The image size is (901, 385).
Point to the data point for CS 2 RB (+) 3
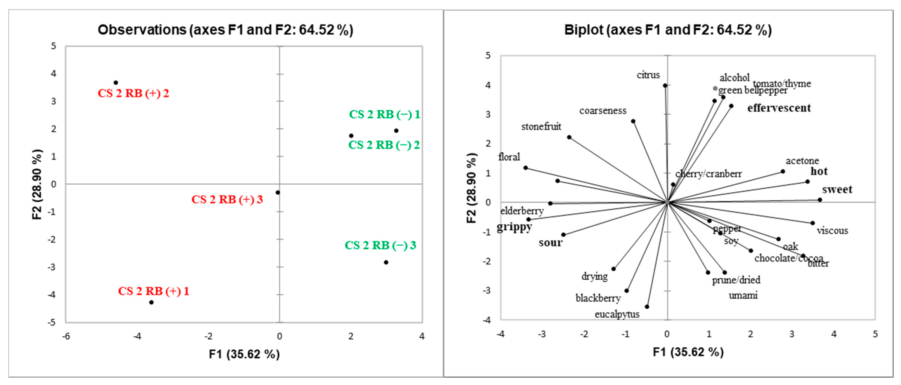278,192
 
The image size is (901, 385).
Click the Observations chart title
225,30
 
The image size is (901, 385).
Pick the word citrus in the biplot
648,75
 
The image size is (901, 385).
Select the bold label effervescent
779,108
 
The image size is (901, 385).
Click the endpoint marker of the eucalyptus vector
647,307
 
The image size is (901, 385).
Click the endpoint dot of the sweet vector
819,200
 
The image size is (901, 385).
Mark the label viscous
832,231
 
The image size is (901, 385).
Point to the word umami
743,295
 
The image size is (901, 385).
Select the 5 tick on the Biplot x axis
875,334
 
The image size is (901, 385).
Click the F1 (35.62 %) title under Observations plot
244,354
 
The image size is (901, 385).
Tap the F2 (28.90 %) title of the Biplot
471,188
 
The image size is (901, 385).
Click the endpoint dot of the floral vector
525,168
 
